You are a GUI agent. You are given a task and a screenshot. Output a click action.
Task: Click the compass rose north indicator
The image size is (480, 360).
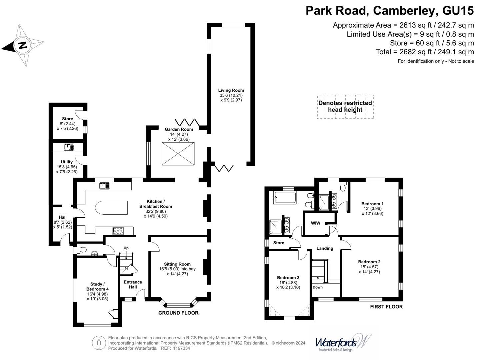tap(22, 45)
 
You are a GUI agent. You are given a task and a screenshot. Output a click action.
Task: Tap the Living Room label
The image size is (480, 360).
tap(231, 90)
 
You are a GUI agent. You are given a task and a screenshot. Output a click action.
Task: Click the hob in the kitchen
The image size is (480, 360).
tap(118, 231)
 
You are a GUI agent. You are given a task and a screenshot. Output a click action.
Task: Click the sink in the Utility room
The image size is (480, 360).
tap(69, 147)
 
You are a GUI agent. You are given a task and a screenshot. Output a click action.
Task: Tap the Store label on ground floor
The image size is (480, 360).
tap(67, 119)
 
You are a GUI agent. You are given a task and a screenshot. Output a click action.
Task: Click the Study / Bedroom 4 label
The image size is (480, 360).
tap(97, 287)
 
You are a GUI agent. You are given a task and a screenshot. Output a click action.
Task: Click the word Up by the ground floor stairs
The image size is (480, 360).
tap(126, 248)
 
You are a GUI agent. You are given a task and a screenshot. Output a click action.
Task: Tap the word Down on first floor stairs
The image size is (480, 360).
tap(318, 287)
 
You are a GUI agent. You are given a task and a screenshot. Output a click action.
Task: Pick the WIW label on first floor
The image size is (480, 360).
tap(315, 223)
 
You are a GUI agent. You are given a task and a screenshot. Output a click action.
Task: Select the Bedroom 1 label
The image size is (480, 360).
tap(372, 204)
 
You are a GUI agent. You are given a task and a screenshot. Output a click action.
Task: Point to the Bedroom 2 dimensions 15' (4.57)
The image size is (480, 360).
tap(369, 267)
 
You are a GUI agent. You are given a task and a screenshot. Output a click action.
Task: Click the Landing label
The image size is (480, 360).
tap(325, 248)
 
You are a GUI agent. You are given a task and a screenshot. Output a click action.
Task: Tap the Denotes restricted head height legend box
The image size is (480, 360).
tap(345, 106)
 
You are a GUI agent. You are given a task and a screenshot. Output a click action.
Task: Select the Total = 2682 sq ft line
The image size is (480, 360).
tap(425, 52)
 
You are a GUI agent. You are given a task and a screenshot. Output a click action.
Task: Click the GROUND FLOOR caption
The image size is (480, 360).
tap(178, 313)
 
